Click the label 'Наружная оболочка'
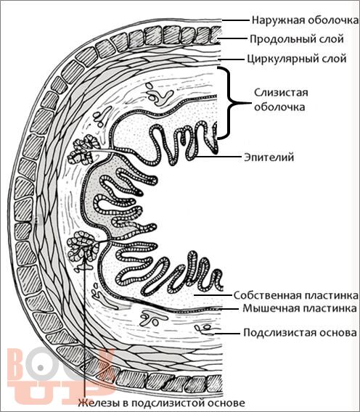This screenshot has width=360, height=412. (306, 20)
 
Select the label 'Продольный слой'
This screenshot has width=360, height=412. (297, 39)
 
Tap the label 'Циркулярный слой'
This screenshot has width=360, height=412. (297, 59)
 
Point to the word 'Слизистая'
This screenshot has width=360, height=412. (281, 93)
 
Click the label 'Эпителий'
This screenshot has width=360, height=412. (269, 157)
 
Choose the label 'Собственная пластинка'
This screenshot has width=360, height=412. (296, 295)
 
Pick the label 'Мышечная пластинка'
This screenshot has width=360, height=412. (300, 308)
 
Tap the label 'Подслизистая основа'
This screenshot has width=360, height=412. (300, 333)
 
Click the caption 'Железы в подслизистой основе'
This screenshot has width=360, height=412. (161, 403)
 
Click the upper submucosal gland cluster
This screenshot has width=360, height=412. (83, 149)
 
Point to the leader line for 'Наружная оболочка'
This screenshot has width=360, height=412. (235, 20)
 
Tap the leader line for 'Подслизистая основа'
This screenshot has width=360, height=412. (227, 333)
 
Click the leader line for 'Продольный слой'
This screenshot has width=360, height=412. (232, 39)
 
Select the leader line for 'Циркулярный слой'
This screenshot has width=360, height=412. (232, 59)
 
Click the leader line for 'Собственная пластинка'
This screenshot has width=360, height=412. (213, 295)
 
